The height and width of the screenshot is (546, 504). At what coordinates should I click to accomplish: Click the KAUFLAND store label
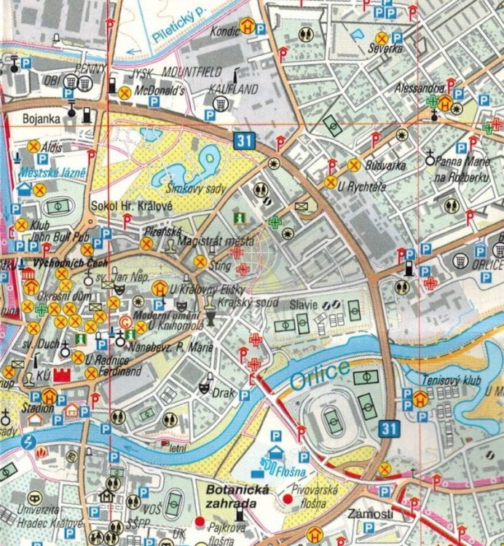234,89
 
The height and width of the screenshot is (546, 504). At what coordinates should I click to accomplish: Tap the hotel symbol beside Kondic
248,27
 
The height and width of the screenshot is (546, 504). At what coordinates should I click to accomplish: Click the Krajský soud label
239,301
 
